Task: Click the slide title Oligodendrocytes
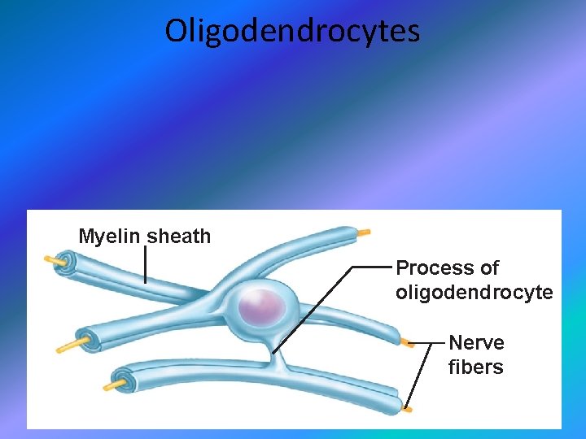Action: point(292,31)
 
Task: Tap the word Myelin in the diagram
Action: point(109,237)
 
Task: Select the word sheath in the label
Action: point(178,237)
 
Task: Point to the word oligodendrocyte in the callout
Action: point(474,293)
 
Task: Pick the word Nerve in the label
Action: point(476,342)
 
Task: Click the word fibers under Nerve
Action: point(475,367)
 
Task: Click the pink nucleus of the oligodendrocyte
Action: point(263,308)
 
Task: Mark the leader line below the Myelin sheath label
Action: point(146,264)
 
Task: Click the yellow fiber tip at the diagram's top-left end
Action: point(56,260)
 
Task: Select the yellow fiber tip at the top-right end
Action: point(363,233)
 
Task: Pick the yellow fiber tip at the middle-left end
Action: point(65,349)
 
